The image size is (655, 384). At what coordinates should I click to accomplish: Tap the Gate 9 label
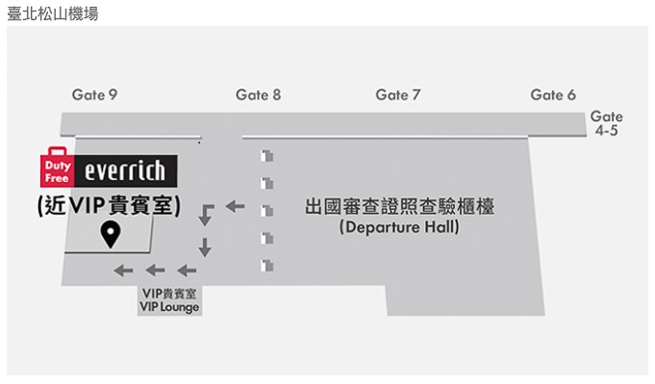tap(94, 94)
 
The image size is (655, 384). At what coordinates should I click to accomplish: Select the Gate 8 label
tap(258, 94)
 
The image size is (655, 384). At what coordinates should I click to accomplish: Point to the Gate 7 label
tap(398, 94)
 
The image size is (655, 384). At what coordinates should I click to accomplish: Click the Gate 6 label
tap(553, 94)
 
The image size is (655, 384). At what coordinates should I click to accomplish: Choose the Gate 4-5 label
tap(606, 122)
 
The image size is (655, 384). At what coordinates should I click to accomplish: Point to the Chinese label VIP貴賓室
tap(169, 294)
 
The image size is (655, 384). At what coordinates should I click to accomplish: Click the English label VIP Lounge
tap(169, 307)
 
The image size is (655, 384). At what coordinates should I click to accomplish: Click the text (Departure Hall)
tap(399, 228)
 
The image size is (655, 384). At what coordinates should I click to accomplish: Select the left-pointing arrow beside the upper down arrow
tap(235, 206)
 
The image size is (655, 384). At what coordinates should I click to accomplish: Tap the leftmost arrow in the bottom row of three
tap(122, 270)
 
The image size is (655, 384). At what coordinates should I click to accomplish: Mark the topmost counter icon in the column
tap(268, 156)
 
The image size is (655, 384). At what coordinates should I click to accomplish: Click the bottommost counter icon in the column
tap(268, 264)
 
